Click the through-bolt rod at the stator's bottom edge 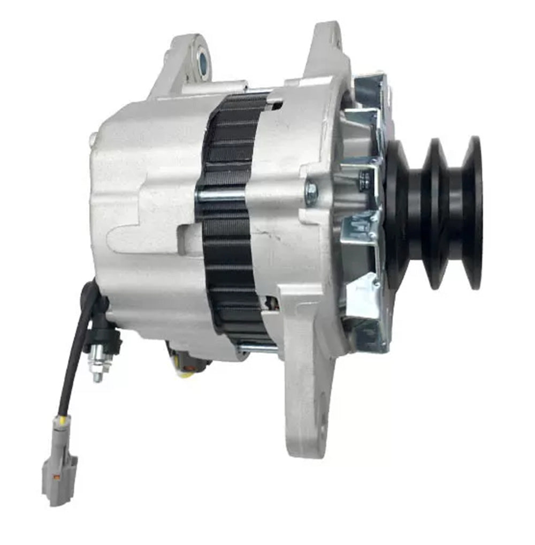[x=257, y=349]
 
